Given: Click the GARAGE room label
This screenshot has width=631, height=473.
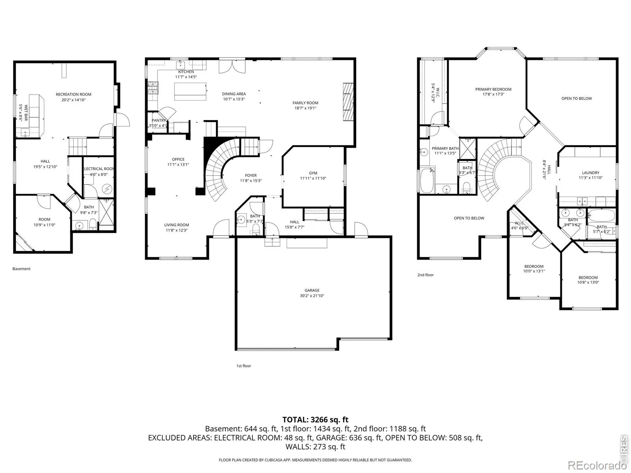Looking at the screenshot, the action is pyautogui.click(x=312, y=290).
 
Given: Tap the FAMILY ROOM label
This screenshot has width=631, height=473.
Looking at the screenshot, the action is pyautogui.click(x=305, y=103).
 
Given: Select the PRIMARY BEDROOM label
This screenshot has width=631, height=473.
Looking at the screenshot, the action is pyautogui.click(x=493, y=89).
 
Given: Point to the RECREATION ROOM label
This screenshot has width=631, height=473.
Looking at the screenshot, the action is pyautogui.click(x=74, y=94).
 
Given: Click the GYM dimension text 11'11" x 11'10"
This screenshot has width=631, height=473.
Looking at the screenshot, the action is pyautogui.click(x=313, y=178).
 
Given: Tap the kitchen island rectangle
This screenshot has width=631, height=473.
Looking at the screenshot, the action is pyautogui.click(x=190, y=91).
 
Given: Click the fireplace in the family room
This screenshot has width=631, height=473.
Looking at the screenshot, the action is pyautogui.click(x=348, y=102).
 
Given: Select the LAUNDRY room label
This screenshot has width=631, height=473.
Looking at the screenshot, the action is pyautogui.click(x=590, y=173).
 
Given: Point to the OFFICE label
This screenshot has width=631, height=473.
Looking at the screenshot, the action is pyautogui.click(x=178, y=159).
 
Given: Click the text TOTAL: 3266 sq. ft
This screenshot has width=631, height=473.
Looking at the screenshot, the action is pyautogui.click(x=315, y=419).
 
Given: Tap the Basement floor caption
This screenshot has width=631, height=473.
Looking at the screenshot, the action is pyautogui.click(x=21, y=269).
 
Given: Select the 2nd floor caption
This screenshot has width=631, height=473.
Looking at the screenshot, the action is pyautogui.click(x=426, y=275).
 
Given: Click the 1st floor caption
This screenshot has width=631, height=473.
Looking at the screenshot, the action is pyautogui.click(x=243, y=366).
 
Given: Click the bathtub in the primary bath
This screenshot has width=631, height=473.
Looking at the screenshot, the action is pyautogui.click(x=427, y=181).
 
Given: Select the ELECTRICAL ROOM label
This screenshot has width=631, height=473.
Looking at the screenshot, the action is pyautogui.click(x=99, y=169).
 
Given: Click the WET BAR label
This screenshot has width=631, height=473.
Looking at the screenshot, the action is pyautogui.click(x=26, y=113).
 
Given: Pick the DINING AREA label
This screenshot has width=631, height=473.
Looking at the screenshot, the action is pyautogui.click(x=234, y=94).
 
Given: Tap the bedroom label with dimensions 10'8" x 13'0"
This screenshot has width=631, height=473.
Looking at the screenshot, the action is pyautogui.click(x=588, y=277).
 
